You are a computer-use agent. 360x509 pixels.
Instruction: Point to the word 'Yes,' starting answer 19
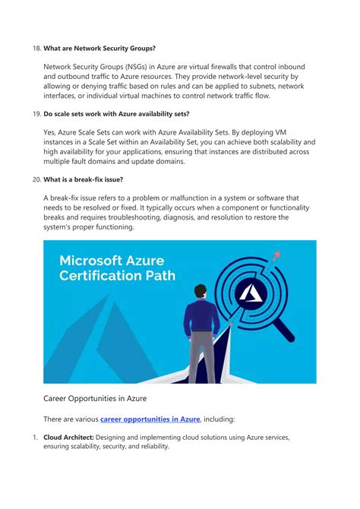[52, 132]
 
